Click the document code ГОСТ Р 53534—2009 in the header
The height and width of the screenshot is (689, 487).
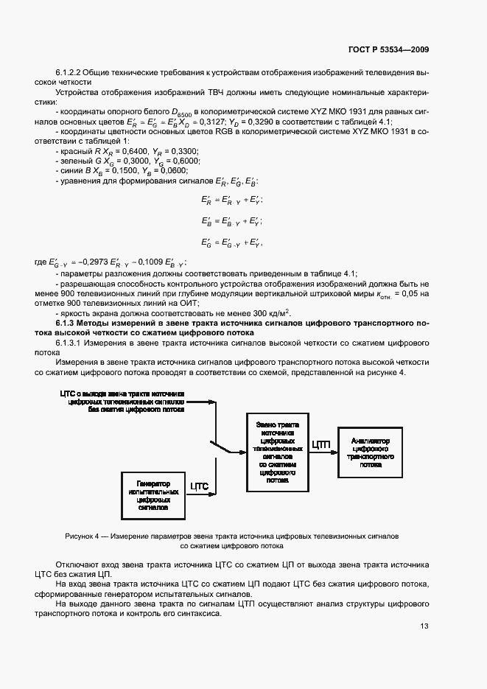[388, 50]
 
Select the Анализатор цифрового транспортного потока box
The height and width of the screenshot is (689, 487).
[371, 452]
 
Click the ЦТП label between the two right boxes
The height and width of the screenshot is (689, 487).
[321, 444]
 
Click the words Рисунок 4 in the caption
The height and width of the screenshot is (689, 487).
[83, 536]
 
